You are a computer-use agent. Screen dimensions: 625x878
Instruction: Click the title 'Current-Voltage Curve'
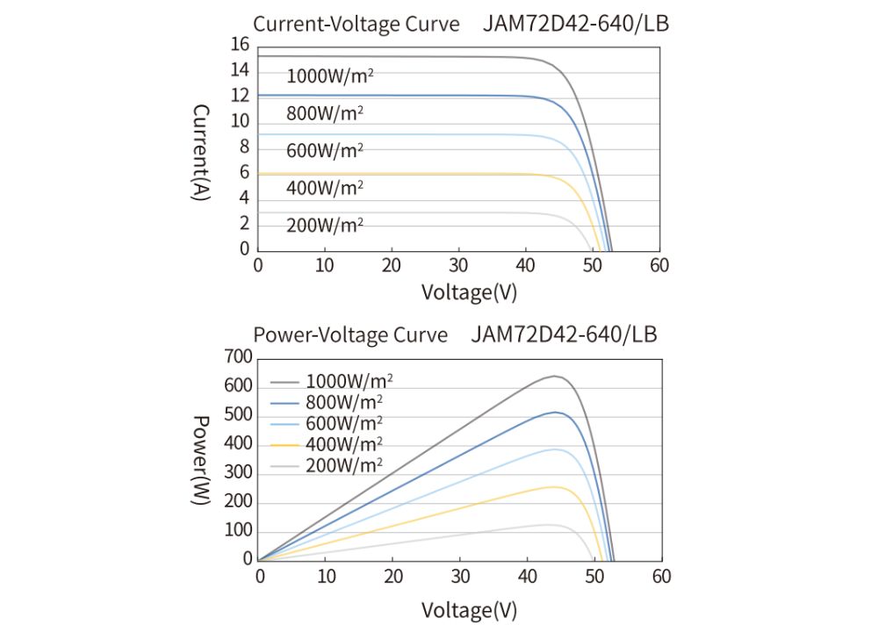356,24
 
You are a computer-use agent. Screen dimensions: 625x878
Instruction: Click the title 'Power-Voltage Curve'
349,334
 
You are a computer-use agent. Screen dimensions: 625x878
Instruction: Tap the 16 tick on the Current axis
239,45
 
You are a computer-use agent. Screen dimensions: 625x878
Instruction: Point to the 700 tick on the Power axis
238,356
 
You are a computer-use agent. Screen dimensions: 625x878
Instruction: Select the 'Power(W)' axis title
200,459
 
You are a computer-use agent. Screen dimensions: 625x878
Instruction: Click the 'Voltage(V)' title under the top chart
469,291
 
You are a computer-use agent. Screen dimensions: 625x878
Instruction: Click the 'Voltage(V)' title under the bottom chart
469,608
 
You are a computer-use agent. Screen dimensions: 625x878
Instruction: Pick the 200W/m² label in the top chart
324,225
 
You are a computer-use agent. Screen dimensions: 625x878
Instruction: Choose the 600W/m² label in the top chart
324,150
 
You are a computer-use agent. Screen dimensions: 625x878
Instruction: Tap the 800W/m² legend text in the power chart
344,403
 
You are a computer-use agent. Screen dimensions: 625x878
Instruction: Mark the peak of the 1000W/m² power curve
555,376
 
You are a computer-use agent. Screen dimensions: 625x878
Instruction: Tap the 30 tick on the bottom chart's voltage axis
461,576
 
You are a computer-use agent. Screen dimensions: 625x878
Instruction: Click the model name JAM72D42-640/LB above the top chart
575,24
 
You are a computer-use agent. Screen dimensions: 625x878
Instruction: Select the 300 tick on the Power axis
238,473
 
